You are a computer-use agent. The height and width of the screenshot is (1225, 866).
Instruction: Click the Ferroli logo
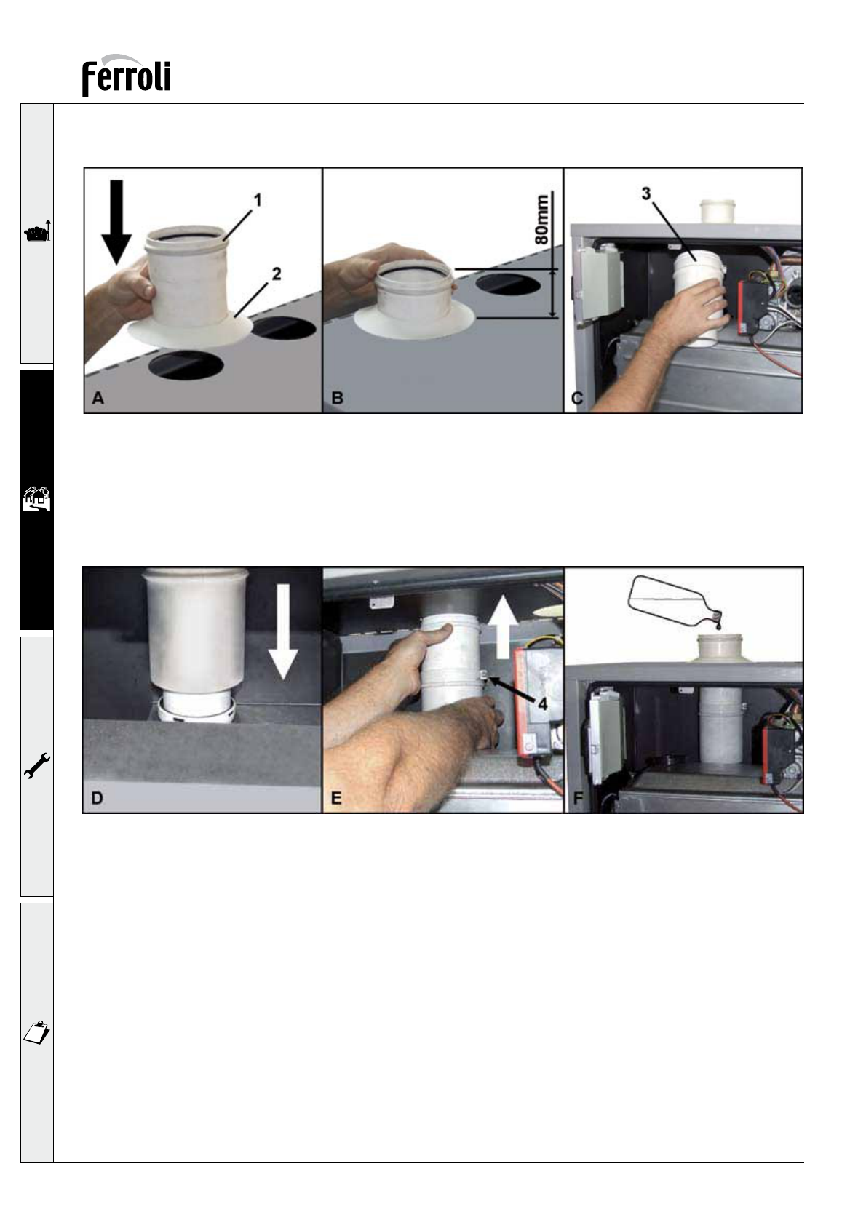point(127,76)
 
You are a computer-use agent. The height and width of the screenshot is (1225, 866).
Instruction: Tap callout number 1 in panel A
point(258,200)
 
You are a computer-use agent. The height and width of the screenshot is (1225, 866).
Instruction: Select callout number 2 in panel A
point(277,274)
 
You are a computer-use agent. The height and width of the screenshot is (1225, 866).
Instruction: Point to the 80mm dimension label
point(541,219)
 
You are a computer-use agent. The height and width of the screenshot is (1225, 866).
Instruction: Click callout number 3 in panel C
point(646,193)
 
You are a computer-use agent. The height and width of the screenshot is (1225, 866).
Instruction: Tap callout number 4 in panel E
point(542,704)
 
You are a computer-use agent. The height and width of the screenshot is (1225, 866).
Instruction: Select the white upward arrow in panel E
point(504,628)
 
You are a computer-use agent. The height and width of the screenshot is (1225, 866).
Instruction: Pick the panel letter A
point(98,398)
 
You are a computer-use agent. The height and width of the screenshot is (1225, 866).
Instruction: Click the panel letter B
point(338,398)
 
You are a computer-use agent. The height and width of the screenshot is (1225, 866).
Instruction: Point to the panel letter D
point(97,798)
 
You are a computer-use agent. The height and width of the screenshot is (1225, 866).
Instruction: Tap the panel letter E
point(336,798)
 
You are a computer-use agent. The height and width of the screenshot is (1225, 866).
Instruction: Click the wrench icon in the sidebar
point(37,765)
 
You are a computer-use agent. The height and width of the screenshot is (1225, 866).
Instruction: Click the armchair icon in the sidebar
point(37,232)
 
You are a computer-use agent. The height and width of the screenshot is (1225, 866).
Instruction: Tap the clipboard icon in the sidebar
point(36,1032)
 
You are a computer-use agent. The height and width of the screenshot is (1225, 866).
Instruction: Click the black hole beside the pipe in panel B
point(508,284)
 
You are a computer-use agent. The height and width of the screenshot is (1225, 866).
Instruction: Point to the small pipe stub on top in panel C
point(718,211)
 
